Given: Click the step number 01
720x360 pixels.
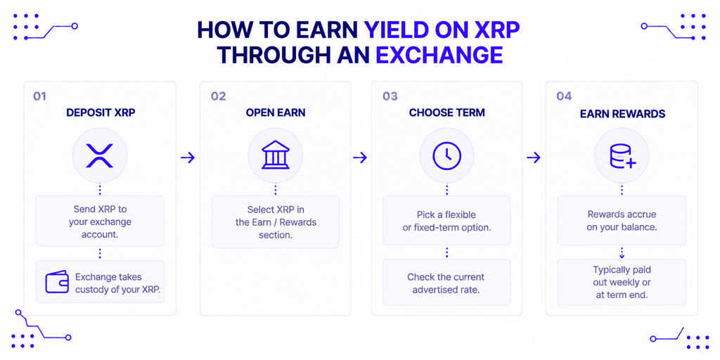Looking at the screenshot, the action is (39, 96).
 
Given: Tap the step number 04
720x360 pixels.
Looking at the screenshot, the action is (564, 96).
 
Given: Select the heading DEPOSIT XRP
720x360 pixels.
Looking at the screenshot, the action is (101, 113).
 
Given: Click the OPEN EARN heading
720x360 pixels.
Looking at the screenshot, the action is (275, 113).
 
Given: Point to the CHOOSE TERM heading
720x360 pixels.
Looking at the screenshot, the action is (446, 113).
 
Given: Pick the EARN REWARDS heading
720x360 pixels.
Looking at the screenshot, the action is (622, 114).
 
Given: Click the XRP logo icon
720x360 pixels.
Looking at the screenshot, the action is (100, 155).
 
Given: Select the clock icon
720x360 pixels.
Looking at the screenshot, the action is (446, 155).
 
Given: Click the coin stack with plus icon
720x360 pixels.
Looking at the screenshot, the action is (622, 157).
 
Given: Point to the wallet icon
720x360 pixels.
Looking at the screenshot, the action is (57, 281).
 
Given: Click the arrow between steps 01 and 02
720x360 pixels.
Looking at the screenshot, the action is (188, 158).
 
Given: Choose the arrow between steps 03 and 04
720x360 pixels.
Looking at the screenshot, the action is (534, 158).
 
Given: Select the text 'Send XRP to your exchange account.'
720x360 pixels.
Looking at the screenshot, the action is (100, 221).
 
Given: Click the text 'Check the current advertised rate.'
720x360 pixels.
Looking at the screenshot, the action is (446, 283).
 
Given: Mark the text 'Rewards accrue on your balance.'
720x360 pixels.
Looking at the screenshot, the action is (622, 220).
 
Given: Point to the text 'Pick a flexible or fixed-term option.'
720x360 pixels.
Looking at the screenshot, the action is (446, 221).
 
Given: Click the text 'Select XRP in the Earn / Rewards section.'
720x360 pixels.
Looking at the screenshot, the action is (276, 222).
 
